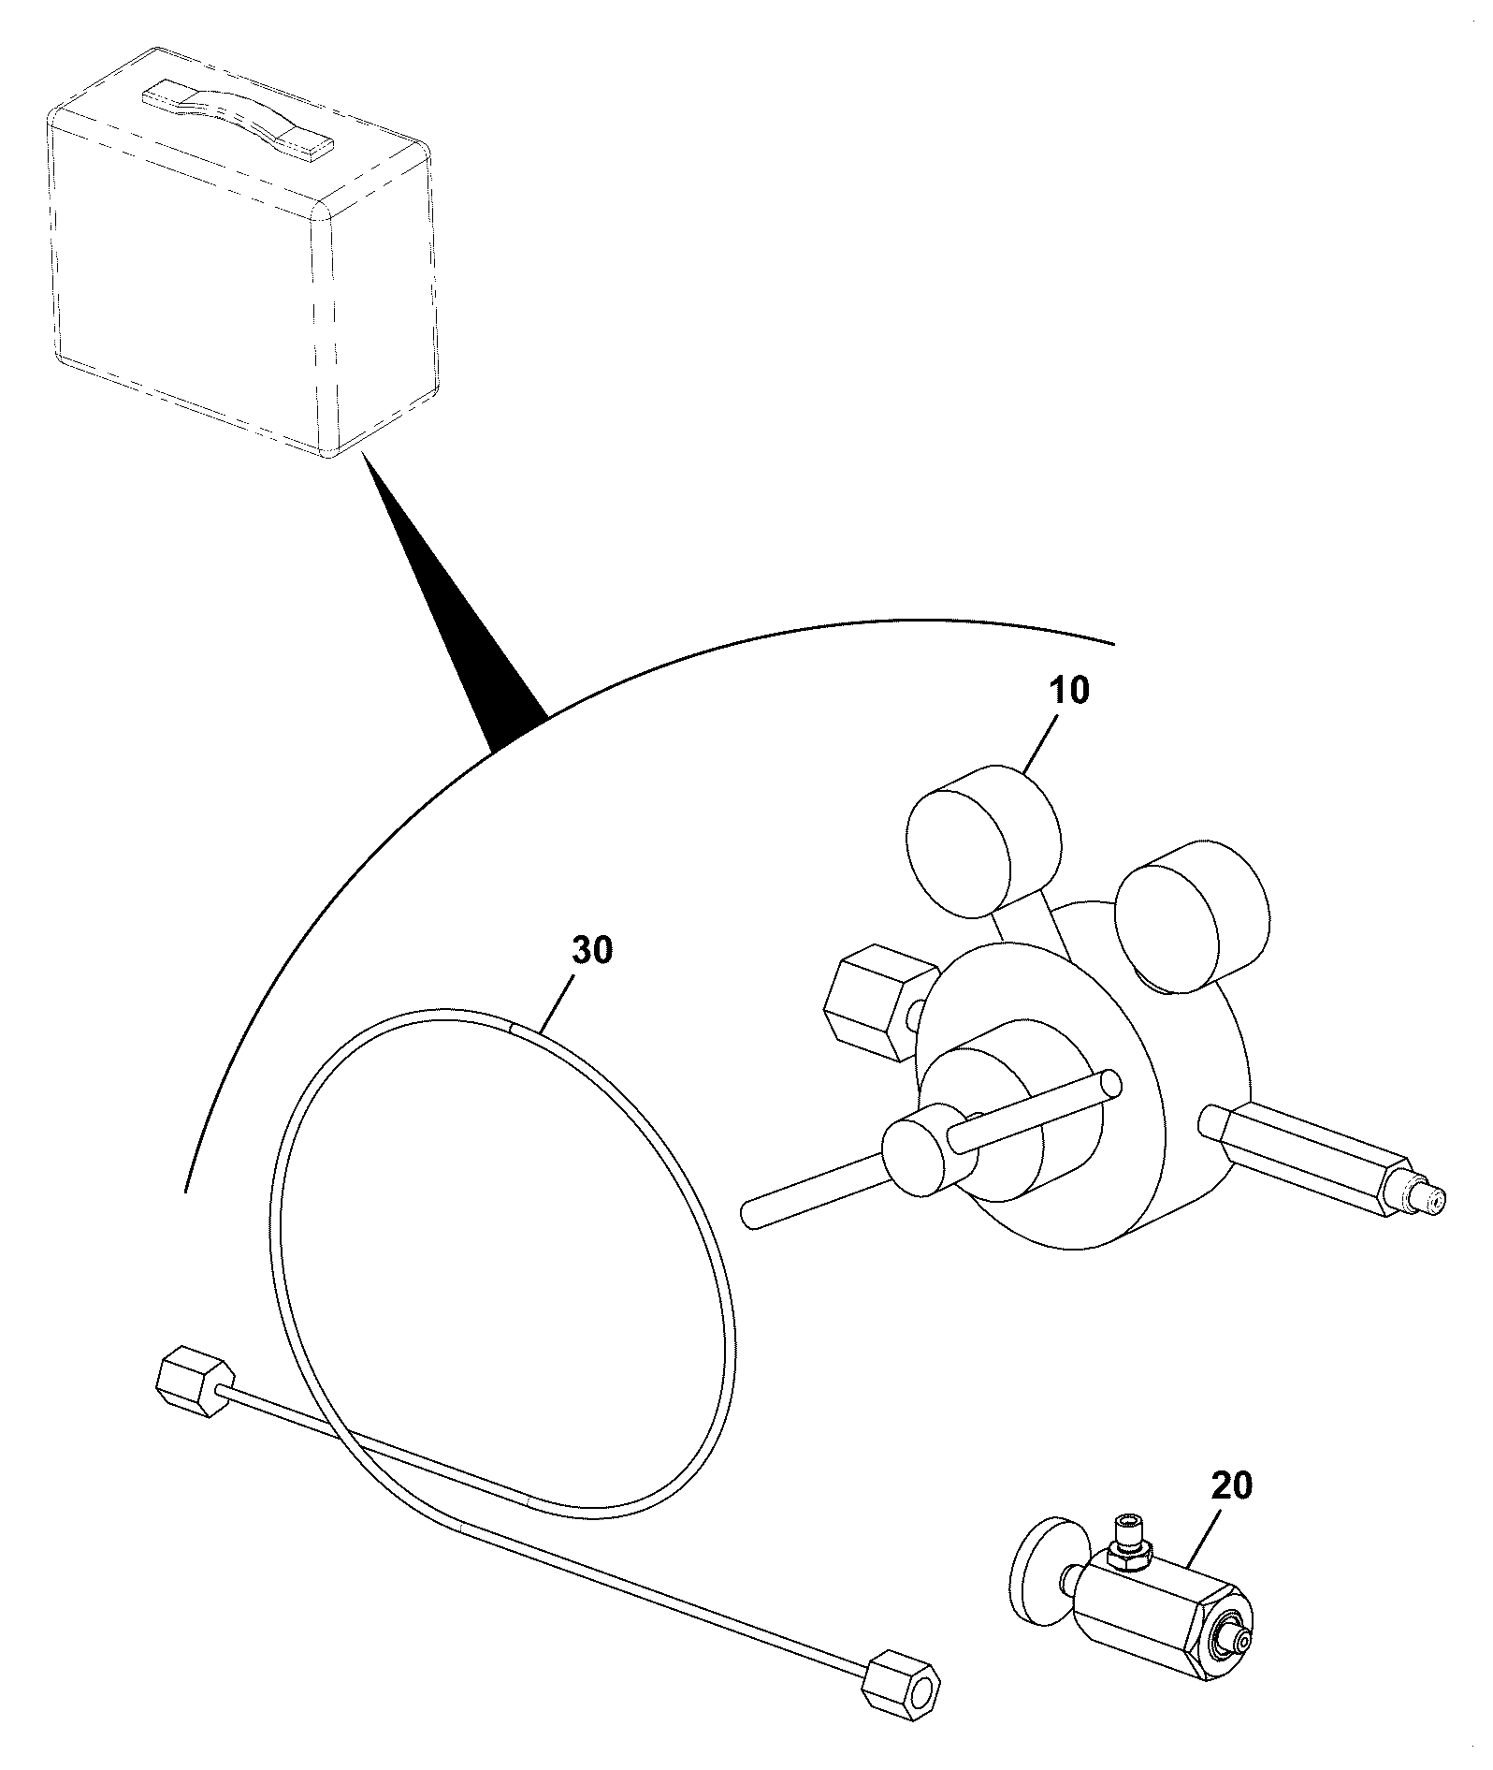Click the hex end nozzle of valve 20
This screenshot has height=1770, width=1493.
pyautogui.click(x=1219, y=1637)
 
